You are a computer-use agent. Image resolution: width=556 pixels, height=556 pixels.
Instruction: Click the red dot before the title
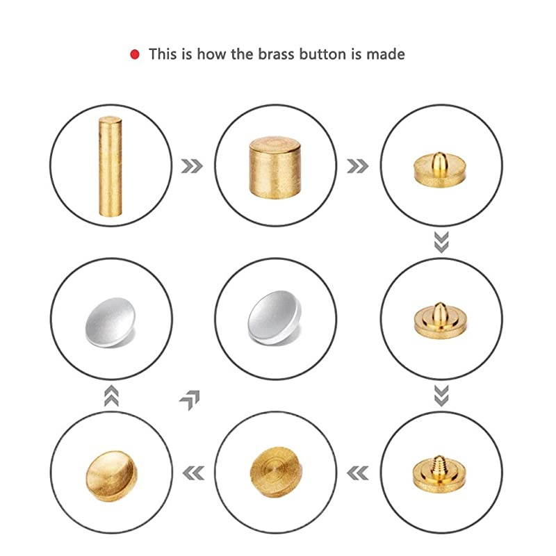tap(135, 55)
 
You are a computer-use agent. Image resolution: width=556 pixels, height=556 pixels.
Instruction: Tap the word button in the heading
tap(322, 54)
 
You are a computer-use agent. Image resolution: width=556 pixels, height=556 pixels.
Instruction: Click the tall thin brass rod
tap(111, 166)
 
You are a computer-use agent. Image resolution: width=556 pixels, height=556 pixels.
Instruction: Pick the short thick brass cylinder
tap(275, 167)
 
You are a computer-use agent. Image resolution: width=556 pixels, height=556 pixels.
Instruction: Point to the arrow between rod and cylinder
tap(192, 166)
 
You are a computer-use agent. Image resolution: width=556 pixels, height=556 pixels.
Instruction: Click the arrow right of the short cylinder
tap(358, 166)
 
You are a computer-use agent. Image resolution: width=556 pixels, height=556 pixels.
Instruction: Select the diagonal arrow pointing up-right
tap(190, 400)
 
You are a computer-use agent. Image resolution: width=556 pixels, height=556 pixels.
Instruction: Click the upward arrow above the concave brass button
tap(111, 395)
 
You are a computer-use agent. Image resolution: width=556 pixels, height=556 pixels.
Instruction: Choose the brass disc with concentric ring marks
tap(276, 472)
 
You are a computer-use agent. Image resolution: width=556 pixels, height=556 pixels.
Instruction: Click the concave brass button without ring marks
tap(111, 476)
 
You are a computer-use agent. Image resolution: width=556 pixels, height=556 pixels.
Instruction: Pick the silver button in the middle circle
tap(275, 318)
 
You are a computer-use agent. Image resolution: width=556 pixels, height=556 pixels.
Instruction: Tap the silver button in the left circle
tap(111, 322)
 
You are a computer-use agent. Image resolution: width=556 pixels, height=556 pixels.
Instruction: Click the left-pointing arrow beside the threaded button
tap(357, 473)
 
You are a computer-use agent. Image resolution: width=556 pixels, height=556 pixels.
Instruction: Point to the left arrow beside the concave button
tap(194, 473)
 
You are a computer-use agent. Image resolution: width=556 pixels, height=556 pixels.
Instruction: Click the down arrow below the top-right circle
tap(441, 242)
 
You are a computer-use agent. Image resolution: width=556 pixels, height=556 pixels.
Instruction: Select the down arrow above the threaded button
tap(441, 395)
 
